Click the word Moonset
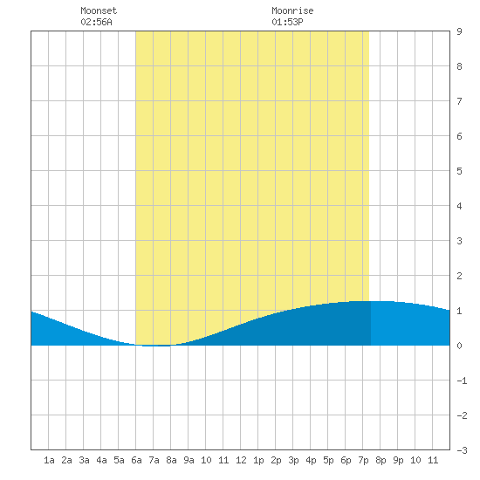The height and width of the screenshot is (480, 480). (x=99, y=10)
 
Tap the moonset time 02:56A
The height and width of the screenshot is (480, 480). (x=96, y=22)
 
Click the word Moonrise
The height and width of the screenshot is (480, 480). (x=292, y=10)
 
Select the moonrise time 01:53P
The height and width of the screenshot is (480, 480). (x=287, y=22)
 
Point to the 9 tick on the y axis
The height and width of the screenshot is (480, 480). (x=459, y=31)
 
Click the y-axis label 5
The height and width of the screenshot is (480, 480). (x=459, y=171)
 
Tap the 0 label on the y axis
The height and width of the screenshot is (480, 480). (x=459, y=346)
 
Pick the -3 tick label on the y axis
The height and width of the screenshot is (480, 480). (x=462, y=450)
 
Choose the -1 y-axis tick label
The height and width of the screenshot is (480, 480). (x=462, y=381)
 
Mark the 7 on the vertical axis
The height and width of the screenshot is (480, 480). (x=459, y=101)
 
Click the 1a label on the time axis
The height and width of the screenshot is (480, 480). (x=49, y=460)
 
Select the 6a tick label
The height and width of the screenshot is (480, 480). (x=136, y=460)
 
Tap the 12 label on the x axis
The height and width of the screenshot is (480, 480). (x=241, y=460)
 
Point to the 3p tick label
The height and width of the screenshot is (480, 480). (x=293, y=460)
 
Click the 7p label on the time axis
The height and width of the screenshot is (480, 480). (x=363, y=460)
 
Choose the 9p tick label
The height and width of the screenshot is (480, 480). (x=398, y=460)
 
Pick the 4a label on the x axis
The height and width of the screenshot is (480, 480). (x=101, y=460)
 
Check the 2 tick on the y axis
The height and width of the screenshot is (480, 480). (x=459, y=276)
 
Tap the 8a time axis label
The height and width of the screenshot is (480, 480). (x=171, y=460)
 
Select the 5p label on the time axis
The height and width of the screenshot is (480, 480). (x=328, y=460)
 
